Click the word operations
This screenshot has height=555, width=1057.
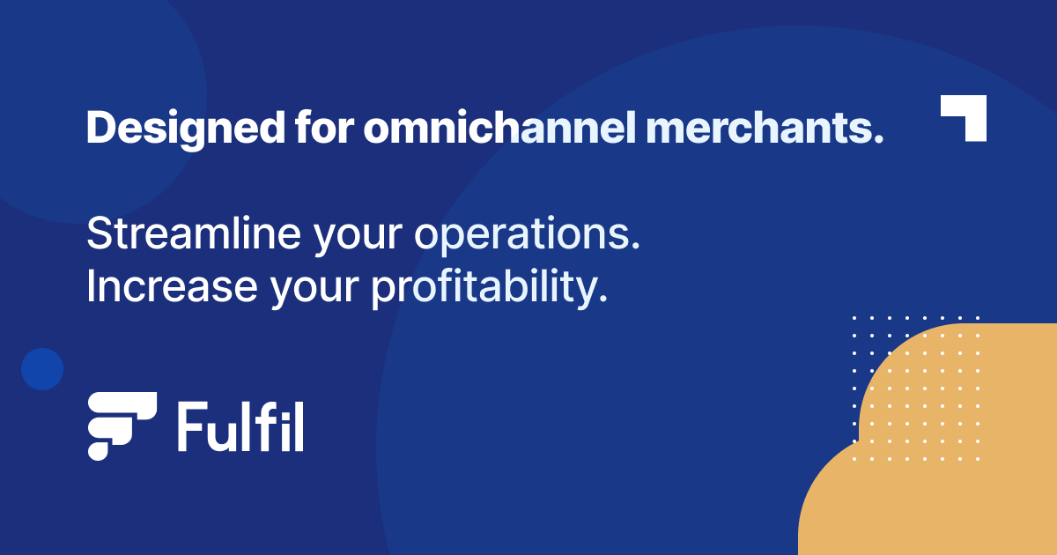click(x=526, y=236)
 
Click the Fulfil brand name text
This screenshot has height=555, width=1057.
click(x=240, y=426)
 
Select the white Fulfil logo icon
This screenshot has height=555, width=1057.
click(x=121, y=425)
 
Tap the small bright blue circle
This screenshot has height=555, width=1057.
click(x=42, y=368)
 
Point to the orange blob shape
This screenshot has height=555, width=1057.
click(x=942, y=458)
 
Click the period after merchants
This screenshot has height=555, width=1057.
click(x=877, y=140)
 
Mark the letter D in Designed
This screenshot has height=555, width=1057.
click(x=100, y=129)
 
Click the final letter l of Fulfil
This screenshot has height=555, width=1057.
click(x=299, y=426)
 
